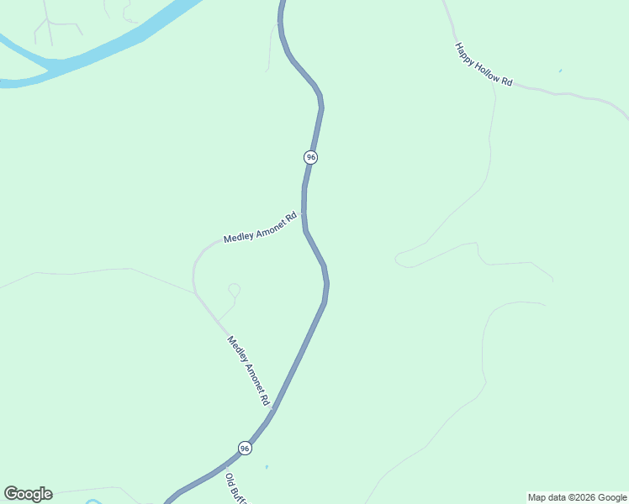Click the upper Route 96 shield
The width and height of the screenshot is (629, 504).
pyautogui.click(x=311, y=157)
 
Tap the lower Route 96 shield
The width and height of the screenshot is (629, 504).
pyautogui.click(x=244, y=449)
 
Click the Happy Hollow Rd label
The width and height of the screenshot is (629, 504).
pyautogui.click(x=484, y=65)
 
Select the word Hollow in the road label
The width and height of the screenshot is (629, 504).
pyautogui.click(x=485, y=67)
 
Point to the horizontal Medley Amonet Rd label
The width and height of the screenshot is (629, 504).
pyautogui.click(x=261, y=228)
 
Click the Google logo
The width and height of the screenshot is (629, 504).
pyautogui.click(x=28, y=494)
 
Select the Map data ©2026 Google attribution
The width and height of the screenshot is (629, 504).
pyautogui.click(x=578, y=497)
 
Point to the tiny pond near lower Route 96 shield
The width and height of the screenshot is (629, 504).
pyautogui.click(x=267, y=466)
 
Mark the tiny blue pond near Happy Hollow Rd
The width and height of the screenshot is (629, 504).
pyautogui.click(x=560, y=71)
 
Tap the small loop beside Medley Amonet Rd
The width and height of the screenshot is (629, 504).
pyautogui.click(x=234, y=290)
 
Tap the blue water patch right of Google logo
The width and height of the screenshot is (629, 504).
pyautogui.click(x=92, y=502)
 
